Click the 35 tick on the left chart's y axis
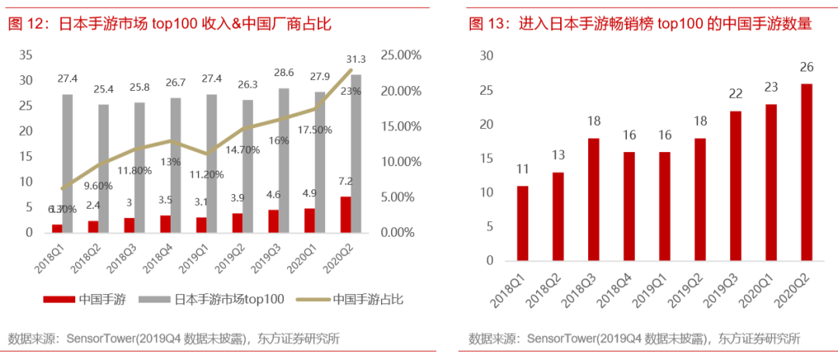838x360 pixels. coord(26,55)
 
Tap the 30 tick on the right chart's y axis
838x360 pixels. coord(487,55)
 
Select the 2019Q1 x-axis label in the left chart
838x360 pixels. coord(205,257)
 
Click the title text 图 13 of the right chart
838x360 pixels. coord(487,25)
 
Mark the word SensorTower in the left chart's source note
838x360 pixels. coord(101,338)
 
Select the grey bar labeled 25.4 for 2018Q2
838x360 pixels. coord(104,168)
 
